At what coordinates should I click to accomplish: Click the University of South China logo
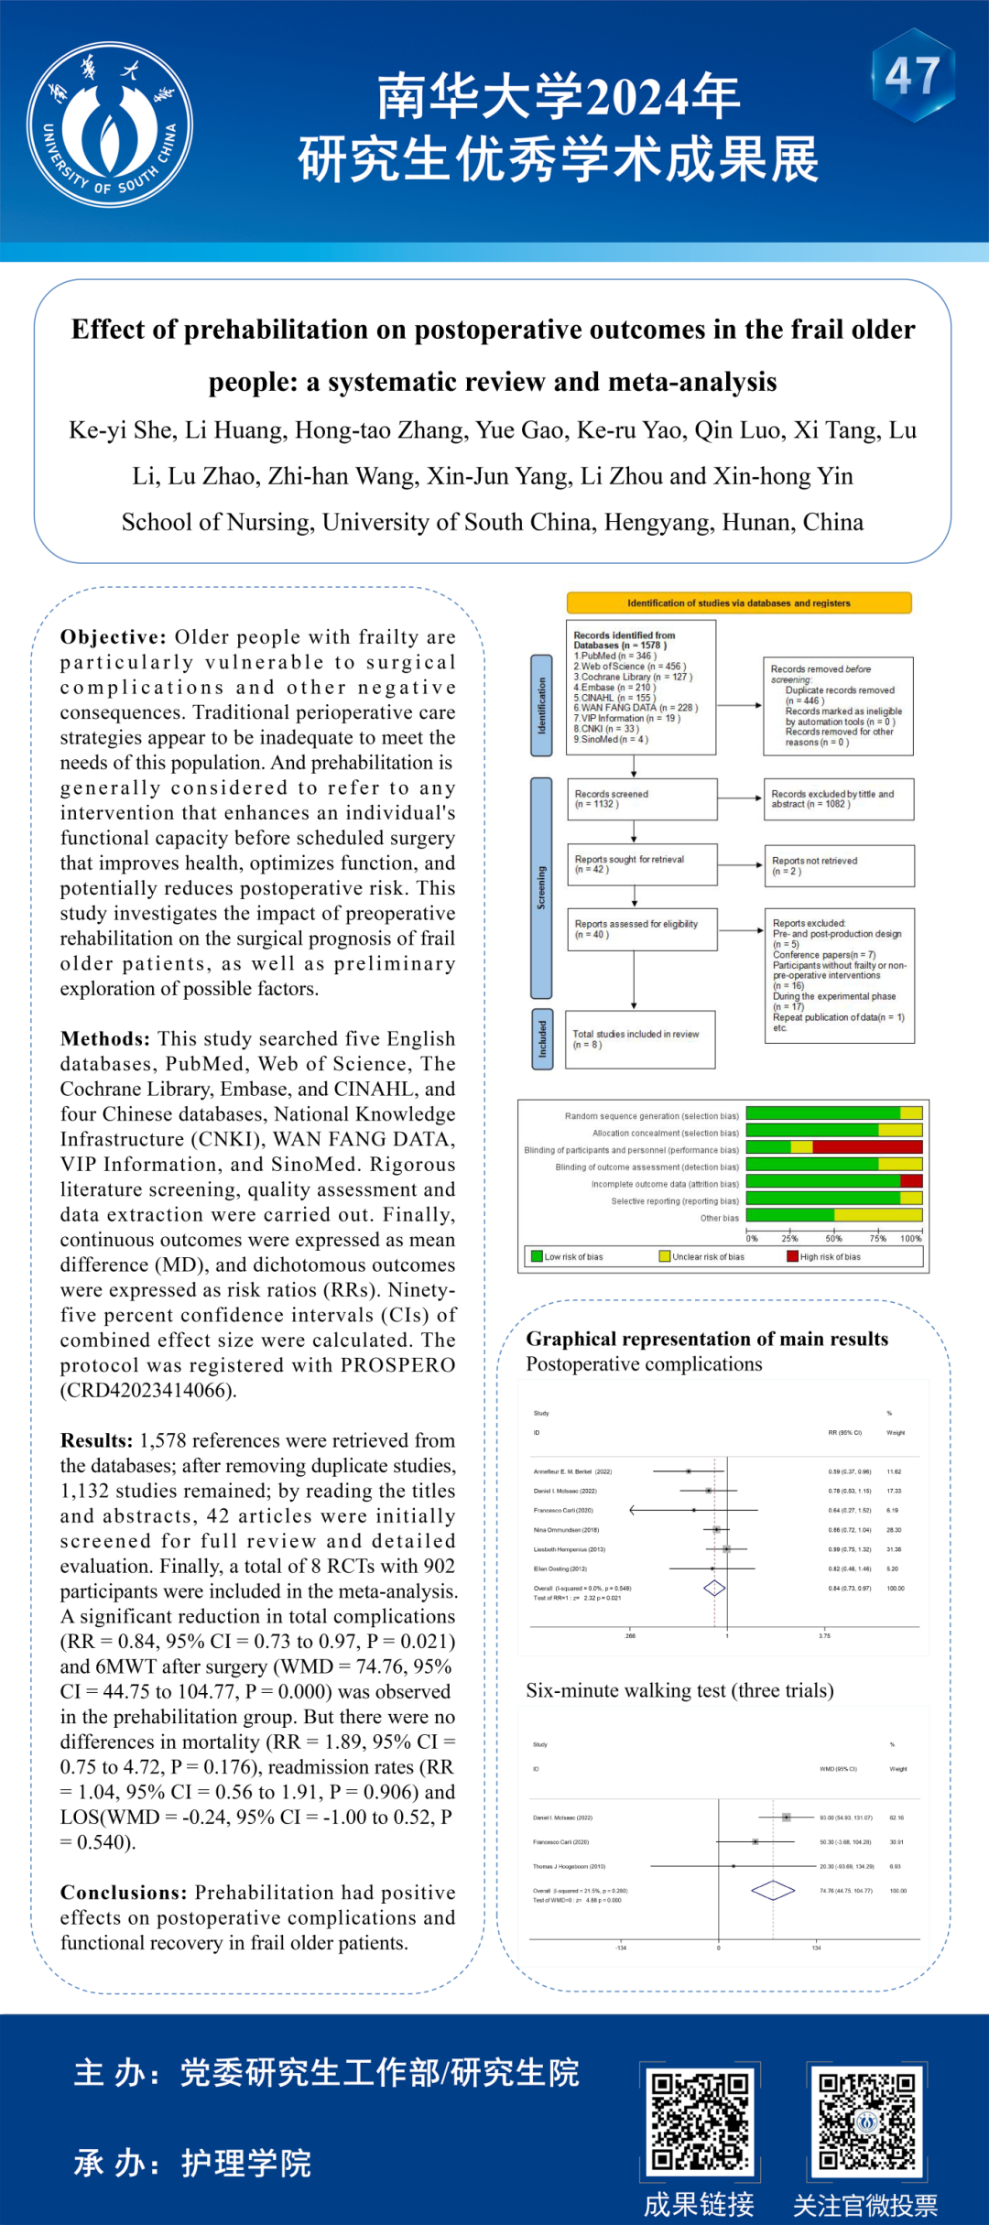(x=110, y=125)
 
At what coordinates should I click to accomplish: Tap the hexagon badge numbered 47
(x=912, y=76)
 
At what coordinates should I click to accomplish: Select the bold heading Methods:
(x=105, y=1038)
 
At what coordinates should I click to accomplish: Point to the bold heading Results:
(x=97, y=1440)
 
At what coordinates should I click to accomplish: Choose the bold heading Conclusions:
(x=124, y=1893)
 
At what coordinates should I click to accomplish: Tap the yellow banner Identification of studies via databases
(x=739, y=603)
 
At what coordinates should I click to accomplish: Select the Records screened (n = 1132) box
(x=641, y=799)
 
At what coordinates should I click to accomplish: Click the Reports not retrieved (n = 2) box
(x=839, y=866)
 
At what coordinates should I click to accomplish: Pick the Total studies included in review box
(x=640, y=1039)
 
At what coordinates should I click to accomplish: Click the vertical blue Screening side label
(x=541, y=887)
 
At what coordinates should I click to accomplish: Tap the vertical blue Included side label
(x=542, y=1039)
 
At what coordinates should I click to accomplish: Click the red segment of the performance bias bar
(x=866, y=1147)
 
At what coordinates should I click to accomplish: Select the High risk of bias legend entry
(x=824, y=1257)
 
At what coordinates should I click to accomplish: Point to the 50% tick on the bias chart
(x=833, y=1237)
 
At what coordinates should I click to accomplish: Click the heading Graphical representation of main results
(x=707, y=1339)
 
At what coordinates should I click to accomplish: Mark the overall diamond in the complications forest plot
(x=714, y=1589)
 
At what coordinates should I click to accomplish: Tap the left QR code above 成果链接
(x=701, y=2122)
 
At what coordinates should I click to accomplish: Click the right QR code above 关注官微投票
(x=866, y=2122)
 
